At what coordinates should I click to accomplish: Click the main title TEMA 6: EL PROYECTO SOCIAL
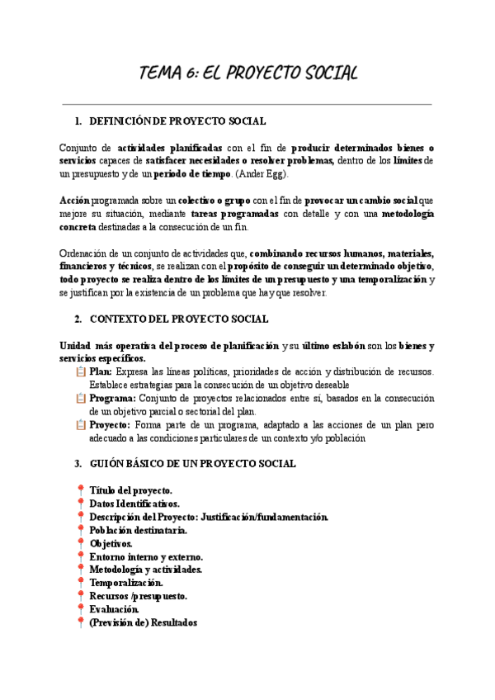(x=247, y=73)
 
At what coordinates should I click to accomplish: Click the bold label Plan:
(x=102, y=372)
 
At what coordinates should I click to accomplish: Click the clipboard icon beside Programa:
(x=81, y=399)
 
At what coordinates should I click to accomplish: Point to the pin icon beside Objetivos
(x=81, y=543)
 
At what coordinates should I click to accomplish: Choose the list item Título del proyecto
(x=130, y=490)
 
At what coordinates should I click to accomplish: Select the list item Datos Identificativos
(x=134, y=504)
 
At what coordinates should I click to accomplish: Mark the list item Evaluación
(x=120, y=609)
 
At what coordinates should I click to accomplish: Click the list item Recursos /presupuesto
(x=138, y=596)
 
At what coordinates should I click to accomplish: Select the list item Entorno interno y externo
(x=145, y=556)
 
